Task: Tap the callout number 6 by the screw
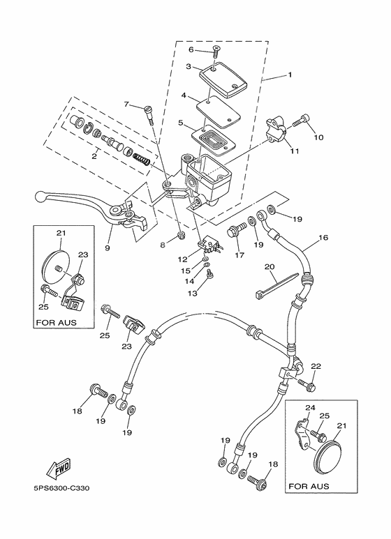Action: pos(191,50)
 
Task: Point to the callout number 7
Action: pos(126,105)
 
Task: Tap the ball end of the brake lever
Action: pos(40,196)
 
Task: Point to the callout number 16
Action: pos(323,238)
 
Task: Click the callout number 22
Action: pos(316,367)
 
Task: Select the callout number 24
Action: pos(310,410)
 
